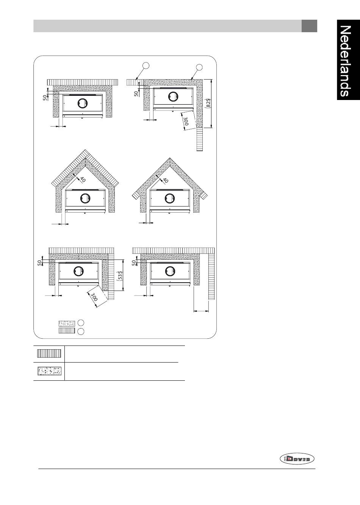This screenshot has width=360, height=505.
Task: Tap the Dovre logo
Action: (x=297, y=459)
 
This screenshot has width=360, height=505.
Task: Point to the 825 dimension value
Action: (x=208, y=103)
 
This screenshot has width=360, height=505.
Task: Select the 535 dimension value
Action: (x=120, y=276)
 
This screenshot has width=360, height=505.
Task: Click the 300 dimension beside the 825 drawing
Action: (x=186, y=121)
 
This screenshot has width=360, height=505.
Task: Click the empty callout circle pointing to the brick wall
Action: (x=146, y=66)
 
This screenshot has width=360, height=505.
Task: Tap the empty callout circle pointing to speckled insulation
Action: (x=199, y=67)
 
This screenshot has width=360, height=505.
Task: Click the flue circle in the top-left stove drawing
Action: (x=83, y=103)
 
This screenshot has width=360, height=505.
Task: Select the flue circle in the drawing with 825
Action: (x=173, y=97)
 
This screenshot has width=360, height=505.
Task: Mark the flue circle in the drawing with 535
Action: (x=78, y=271)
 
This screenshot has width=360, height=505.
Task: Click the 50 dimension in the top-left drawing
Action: (x=45, y=97)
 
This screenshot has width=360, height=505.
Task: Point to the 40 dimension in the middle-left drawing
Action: (x=83, y=180)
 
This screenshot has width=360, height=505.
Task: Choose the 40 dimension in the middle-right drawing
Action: (x=166, y=180)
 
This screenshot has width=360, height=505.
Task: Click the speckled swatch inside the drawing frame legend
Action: (x=67, y=324)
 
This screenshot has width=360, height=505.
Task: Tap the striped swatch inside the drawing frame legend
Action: (x=67, y=330)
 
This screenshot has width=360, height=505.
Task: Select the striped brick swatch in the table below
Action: (x=49, y=353)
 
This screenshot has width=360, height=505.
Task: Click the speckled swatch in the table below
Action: (x=49, y=371)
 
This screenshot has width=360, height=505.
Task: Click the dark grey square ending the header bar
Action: (x=309, y=26)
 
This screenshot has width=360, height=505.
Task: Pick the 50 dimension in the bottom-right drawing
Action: (x=134, y=263)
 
